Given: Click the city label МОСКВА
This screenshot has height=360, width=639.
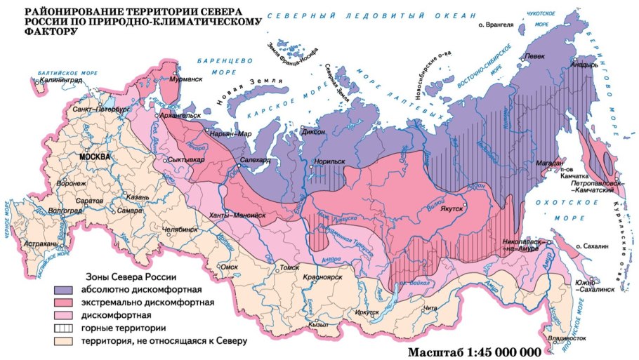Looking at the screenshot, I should coord(95,156).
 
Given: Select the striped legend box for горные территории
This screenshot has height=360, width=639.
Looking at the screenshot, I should coord(67,328).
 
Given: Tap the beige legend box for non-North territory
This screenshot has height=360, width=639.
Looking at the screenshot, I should coord(67,341).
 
